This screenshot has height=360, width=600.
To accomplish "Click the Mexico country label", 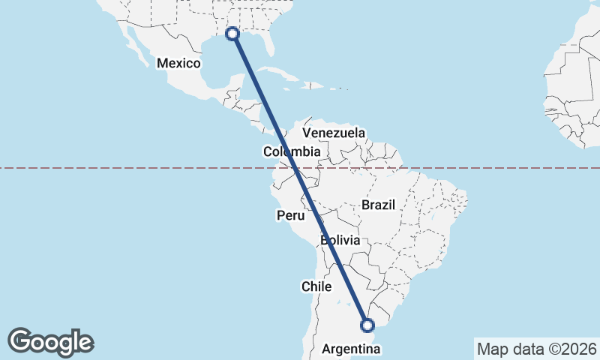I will click(178, 64).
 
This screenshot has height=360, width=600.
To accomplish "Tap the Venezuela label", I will click(334, 133).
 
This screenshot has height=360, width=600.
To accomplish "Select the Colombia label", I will click(292, 151).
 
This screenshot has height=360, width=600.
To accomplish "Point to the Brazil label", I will click(377, 204).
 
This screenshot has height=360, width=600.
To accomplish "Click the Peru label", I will click(290, 216).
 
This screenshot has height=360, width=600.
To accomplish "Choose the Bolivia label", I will click(340, 241).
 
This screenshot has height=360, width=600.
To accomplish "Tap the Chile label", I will click(316, 286).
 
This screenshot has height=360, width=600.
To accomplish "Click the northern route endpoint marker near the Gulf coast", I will click(232, 34).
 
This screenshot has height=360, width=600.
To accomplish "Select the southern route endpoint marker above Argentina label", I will click(367, 325).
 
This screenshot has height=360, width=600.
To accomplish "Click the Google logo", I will click(50, 342).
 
